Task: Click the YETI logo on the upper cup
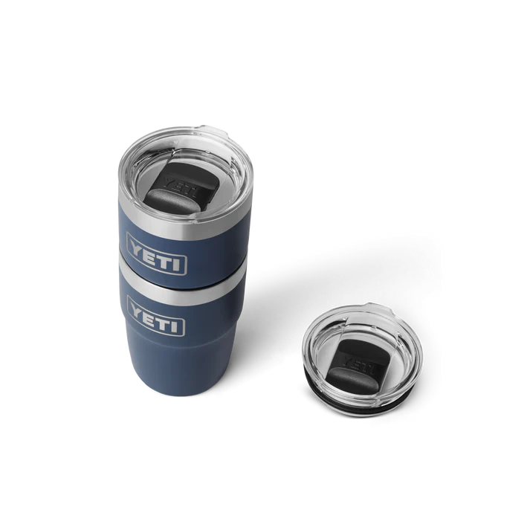[x=157, y=244]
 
